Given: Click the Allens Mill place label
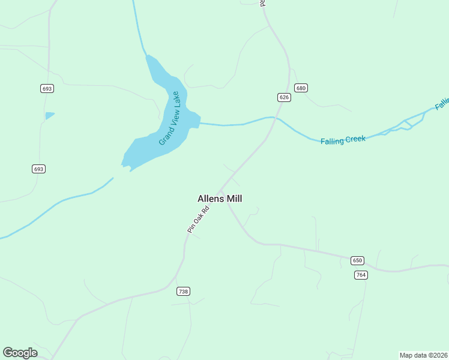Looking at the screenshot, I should (220, 199).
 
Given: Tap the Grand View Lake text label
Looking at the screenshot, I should (169, 118).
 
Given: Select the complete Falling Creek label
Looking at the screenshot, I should (343, 140).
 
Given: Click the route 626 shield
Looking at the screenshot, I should (285, 97).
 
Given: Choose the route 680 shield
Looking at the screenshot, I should (301, 88).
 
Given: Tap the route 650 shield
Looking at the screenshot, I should (358, 260).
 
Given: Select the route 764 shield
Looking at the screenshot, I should (361, 275).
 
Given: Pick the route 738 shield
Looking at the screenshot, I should (183, 292).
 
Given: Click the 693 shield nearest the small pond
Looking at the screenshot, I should (47, 89).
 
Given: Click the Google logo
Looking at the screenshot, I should (20, 353).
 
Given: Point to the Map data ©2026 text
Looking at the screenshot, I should (423, 355).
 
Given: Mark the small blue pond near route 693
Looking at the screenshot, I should (49, 115).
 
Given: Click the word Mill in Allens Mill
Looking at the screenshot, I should (234, 199).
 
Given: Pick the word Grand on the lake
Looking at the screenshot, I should (163, 137).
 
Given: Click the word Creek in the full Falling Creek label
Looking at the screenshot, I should (354, 139).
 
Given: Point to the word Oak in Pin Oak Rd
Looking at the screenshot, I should (198, 218).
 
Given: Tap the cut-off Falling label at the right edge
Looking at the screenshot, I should (442, 104).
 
